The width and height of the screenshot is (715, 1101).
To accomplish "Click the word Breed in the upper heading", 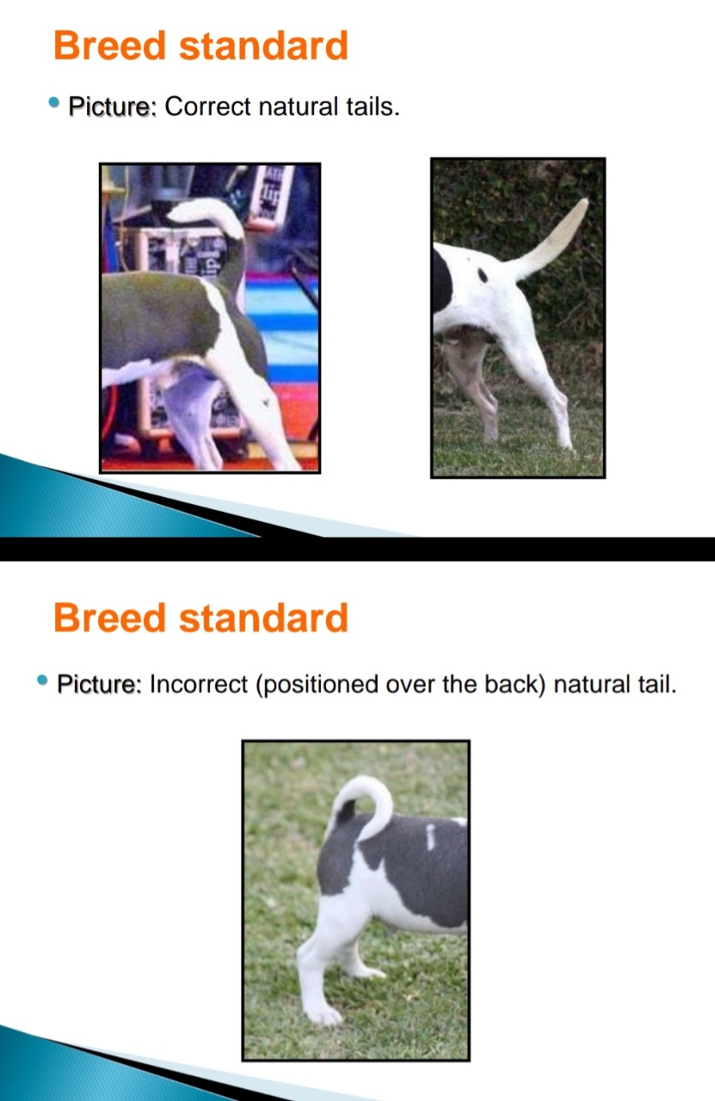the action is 109,46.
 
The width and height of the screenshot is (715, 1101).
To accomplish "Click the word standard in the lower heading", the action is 263,618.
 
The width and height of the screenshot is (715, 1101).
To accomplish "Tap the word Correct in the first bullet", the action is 207,106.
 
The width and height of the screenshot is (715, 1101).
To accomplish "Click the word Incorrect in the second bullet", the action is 198,684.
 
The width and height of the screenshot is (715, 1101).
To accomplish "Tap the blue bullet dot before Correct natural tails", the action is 54,102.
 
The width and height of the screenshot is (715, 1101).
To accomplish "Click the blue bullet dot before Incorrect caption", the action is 42,680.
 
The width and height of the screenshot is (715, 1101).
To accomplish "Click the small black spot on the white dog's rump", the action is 483,275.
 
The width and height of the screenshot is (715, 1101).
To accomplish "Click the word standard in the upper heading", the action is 263,46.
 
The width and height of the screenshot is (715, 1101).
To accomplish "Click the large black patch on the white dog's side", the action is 442,283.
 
